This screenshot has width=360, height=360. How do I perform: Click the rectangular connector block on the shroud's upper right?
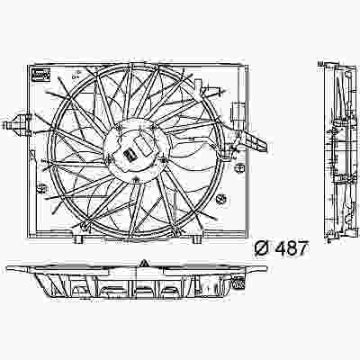pos(238,114)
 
